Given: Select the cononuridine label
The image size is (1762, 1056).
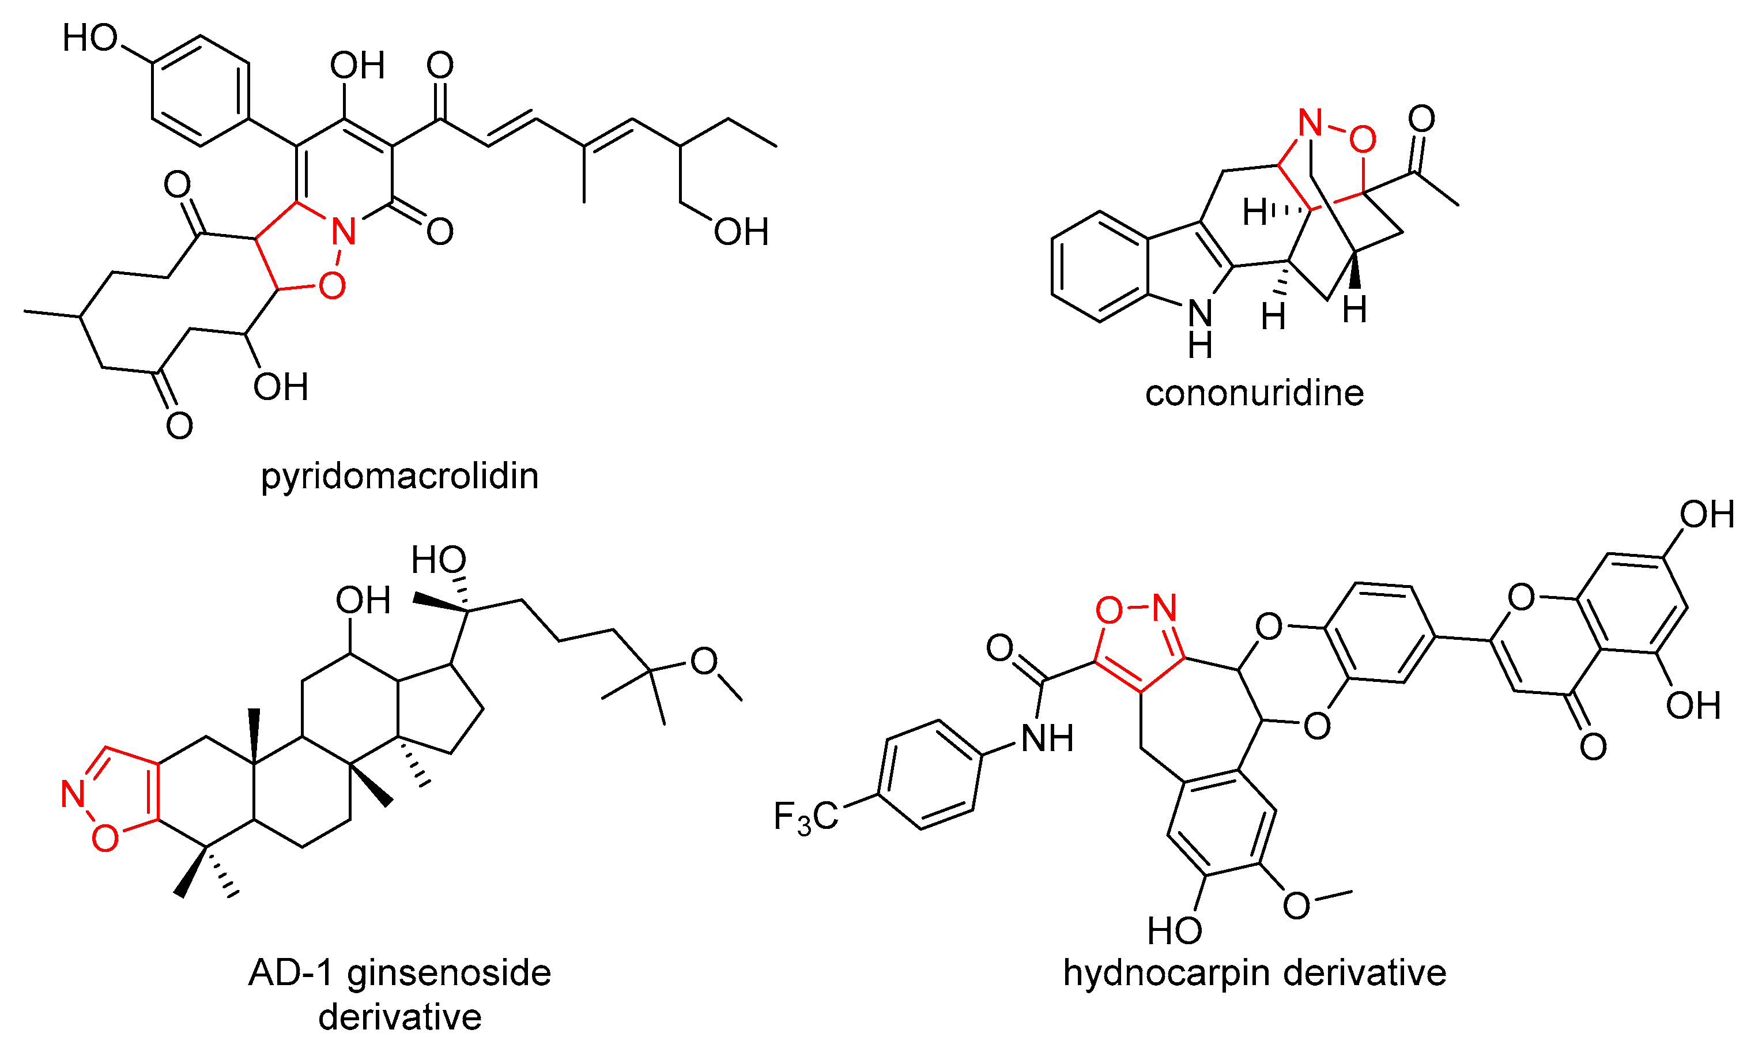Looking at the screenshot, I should click(x=1254, y=394).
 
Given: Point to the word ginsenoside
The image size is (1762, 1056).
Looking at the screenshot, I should click(x=448, y=973).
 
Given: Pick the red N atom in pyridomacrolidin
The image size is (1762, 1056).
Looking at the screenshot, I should click(x=344, y=231).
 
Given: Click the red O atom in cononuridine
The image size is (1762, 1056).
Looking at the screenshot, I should click(x=1361, y=139).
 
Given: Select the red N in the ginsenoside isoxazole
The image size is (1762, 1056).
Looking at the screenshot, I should click(x=73, y=794).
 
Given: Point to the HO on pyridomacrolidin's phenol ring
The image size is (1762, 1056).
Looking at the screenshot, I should click(x=90, y=37).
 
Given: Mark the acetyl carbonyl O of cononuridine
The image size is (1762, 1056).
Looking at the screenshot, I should click(x=1421, y=118).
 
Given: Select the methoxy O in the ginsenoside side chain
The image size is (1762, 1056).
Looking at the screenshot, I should click(x=704, y=661).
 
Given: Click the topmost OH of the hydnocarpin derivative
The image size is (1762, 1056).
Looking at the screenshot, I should click(x=1707, y=515).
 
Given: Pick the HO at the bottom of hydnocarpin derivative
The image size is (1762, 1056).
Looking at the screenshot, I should click(x=1175, y=930).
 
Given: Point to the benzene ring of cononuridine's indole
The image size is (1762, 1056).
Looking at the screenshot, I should click(x=1099, y=267).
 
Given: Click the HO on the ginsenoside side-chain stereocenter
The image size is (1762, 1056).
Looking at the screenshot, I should click(x=438, y=560).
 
